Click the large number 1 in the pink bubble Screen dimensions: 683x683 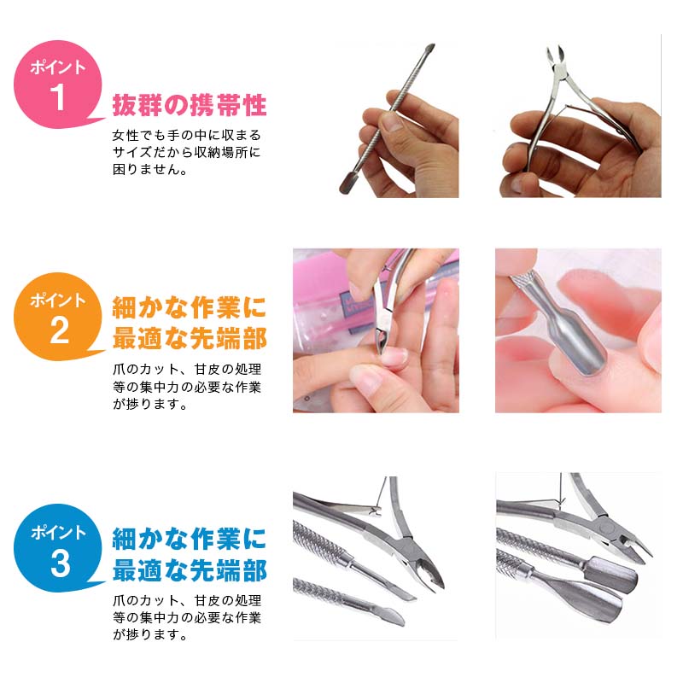58,96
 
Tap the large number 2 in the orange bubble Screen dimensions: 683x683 59,330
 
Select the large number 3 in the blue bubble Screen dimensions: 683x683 59,563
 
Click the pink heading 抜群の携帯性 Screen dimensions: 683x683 190,106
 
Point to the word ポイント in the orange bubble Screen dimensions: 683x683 58,301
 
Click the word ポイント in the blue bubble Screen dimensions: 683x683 58,534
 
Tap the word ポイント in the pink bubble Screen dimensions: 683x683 58,67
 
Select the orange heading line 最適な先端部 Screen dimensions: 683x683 190,338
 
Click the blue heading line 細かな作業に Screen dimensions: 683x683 190,538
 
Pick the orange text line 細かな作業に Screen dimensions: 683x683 190,306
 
